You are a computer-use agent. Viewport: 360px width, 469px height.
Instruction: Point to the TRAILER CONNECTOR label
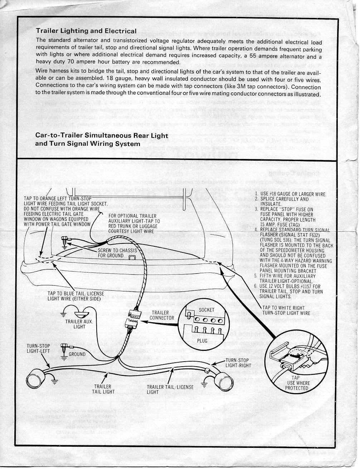[x=161, y=315]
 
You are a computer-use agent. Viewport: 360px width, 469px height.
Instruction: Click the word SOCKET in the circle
[x=206, y=310]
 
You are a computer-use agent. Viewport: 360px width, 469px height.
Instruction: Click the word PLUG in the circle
[x=202, y=341]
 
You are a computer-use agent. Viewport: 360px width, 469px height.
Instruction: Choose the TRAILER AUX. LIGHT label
[x=79, y=324]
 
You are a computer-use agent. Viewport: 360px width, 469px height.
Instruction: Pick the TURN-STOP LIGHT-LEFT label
[x=38, y=348]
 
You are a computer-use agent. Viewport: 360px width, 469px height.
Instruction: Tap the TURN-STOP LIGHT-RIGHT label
[x=238, y=363]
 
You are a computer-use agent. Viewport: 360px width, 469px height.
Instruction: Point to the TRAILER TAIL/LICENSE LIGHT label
[x=170, y=389]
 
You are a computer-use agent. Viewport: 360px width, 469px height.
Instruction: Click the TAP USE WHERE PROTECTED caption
[x=296, y=383]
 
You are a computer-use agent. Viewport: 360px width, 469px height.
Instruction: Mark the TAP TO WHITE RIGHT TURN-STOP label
[x=286, y=310]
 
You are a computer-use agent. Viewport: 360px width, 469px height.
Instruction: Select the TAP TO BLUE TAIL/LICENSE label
[x=76, y=296]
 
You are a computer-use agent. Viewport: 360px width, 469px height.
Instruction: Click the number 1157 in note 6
[x=307, y=286]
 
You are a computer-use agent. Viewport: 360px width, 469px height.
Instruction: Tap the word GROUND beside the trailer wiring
[x=77, y=354]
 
